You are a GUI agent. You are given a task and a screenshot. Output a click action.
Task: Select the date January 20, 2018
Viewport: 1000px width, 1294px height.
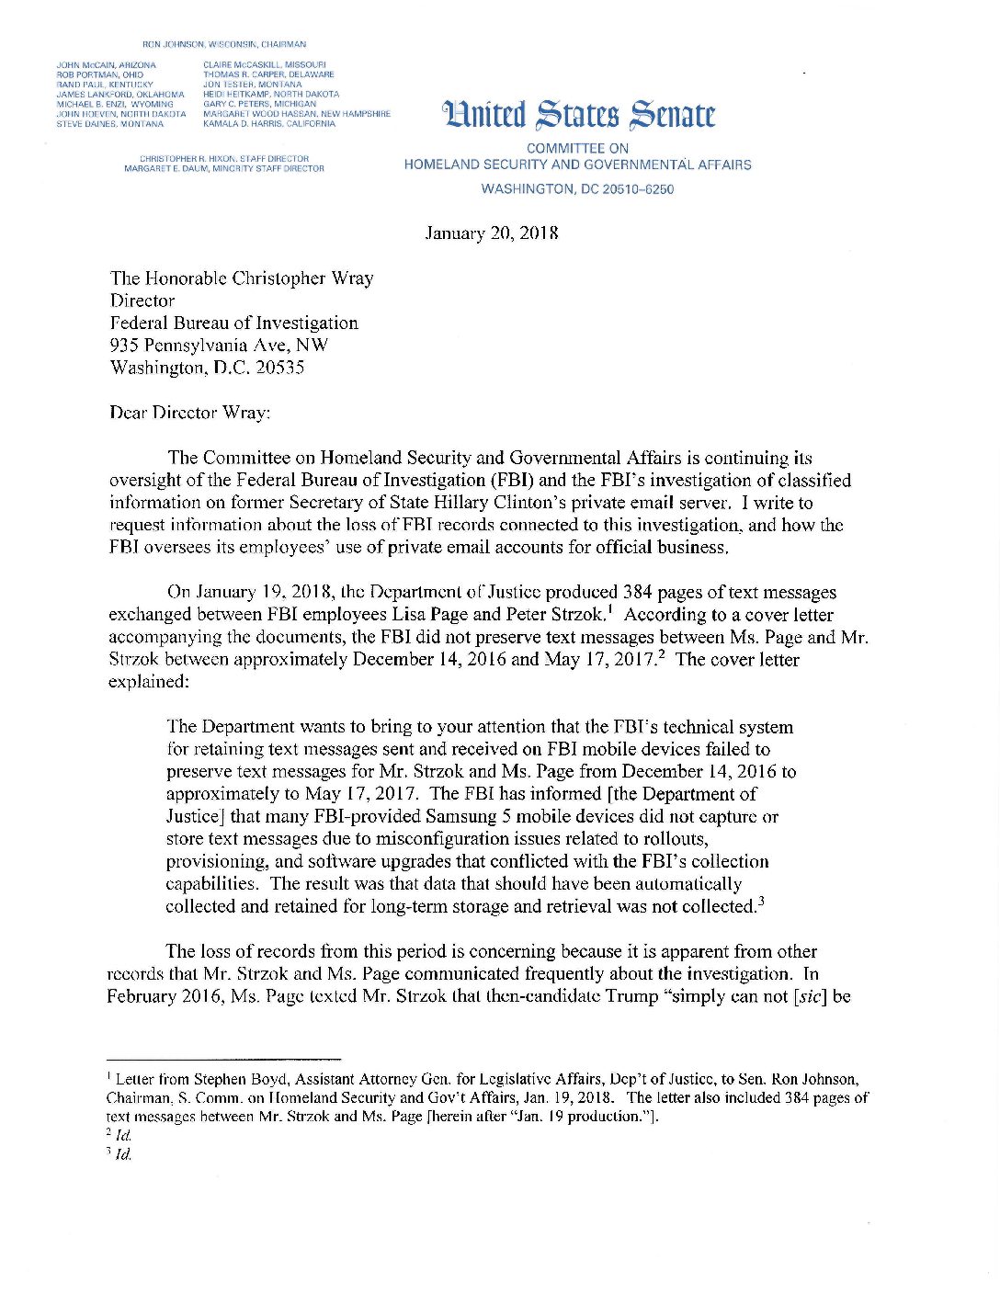pyautogui.click(x=492, y=233)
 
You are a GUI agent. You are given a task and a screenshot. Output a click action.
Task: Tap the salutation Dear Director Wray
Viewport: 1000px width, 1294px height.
pyautogui.click(x=189, y=413)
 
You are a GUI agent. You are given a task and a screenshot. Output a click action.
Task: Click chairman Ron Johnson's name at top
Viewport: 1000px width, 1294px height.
pyautogui.click(x=224, y=44)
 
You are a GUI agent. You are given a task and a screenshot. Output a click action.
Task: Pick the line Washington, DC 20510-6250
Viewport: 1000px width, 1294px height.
pyautogui.click(x=577, y=189)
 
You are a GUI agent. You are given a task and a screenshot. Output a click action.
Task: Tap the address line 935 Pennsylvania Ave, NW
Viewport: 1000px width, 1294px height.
pyautogui.click(x=219, y=346)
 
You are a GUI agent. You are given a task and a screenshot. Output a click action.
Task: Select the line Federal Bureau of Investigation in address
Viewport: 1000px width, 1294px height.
pyautogui.click(x=233, y=323)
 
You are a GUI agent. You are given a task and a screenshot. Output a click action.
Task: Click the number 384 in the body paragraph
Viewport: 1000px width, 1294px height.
pyautogui.click(x=638, y=593)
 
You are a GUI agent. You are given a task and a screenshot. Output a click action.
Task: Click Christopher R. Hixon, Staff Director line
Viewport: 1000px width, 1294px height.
pyautogui.click(x=224, y=159)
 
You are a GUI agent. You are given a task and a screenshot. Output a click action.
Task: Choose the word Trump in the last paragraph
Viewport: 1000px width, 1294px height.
pyautogui.click(x=631, y=996)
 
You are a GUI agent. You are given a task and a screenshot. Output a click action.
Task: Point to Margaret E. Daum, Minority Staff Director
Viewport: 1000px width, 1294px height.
pyautogui.click(x=224, y=169)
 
